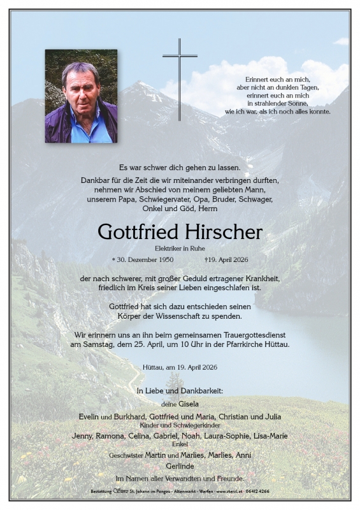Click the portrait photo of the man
tap(81, 96)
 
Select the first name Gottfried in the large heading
tap(138, 232)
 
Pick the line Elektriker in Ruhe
tap(180, 247)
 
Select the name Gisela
tap(189, 404)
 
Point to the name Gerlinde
tap(180, 466)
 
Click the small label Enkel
tap(180, 444)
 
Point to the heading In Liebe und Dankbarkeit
tap(180, 390)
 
